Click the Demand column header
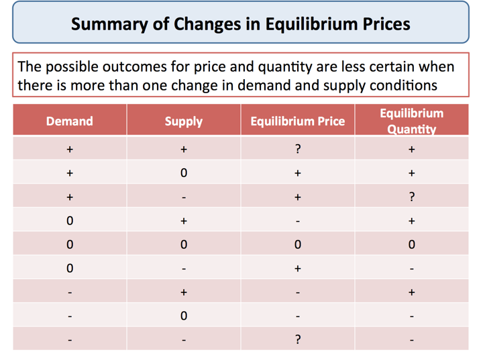tap(69, 121)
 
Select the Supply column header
tap(183, 121)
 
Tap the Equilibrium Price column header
tap(297, 121)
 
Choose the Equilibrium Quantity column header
tap(411, 121)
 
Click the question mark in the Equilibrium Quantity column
tap(412, 196)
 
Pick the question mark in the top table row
tap(298, 149)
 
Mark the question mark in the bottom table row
tap(298, 339)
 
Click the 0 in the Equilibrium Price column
tap(298, 245)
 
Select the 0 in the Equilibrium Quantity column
tap(412, 245)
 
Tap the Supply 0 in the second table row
tap(184, 173)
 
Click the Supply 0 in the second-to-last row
tap(184, 316)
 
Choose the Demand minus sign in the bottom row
tap(70, 340)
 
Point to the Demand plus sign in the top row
tap(70, 149)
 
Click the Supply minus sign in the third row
tap(184, 197)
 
